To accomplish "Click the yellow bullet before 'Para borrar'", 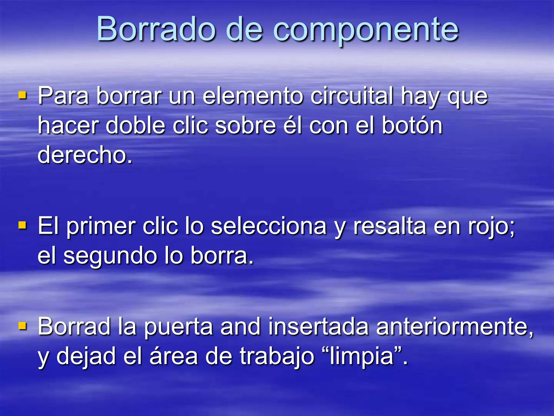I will click(x=22, y=95).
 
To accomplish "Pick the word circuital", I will click(x=352, y=96).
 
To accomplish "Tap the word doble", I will click(x=135, y=126).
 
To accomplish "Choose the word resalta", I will click(x=390, y=226).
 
